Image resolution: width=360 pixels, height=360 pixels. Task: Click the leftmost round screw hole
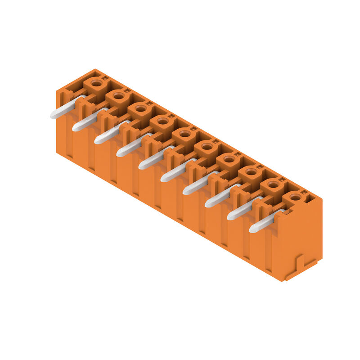[x=96, y=83]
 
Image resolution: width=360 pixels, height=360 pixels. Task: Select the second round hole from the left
[x=118, y=95]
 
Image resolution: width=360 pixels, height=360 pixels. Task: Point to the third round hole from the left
[x=140, y=108]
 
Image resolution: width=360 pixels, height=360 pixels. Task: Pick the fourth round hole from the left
[x=162, y=121]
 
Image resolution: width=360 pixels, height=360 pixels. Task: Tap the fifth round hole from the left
[x=184, y=134]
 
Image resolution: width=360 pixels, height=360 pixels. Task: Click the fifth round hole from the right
[x=207, y=146]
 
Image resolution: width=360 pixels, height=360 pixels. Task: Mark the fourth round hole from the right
[x=229, y=159]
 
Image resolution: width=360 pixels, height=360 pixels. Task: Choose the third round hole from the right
[x=251, y=171]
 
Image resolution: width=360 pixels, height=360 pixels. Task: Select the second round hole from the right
[x=273, y=184]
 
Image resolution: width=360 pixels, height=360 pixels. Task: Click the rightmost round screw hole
[x=295, y=197]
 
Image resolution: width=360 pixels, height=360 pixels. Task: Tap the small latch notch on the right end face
[x=301, y=263]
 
